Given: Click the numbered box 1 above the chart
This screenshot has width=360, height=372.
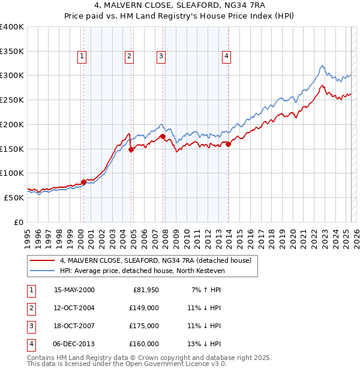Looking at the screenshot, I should click(82, 56).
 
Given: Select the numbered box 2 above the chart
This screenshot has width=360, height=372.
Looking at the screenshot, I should click(129, 56).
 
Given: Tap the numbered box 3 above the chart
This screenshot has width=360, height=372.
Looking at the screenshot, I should click(161, 56).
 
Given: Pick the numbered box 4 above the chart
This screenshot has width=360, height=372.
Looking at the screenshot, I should click(226, 56).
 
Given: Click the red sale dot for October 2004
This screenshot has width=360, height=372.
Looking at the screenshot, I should click(131, 150).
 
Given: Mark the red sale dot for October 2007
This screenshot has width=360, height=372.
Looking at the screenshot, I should click(163, 137).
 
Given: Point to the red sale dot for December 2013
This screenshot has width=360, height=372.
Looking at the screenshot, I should click(228, 144).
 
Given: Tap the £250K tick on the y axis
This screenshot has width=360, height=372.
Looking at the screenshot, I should click(12, 100).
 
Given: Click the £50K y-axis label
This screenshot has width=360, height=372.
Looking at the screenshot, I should click(14, 197).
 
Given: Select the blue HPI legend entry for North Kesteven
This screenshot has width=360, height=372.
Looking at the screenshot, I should click(142, 271).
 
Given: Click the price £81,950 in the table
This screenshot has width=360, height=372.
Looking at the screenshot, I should click(145, 290).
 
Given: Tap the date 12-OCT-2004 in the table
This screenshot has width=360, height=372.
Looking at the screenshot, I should click(74, 308).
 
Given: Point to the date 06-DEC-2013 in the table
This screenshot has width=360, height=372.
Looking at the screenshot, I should click(74, 344).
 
